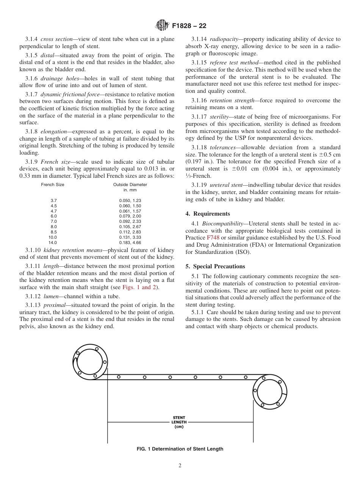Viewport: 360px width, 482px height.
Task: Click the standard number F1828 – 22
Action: click(189, 26)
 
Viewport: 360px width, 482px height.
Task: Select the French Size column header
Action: click(53, 185)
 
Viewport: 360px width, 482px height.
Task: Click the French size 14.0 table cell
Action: click(53, 243)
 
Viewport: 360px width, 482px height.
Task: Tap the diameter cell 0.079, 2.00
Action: click(130, 216)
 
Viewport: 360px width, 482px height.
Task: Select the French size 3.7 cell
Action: click(53, 200)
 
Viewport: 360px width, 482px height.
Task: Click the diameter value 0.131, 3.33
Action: click(130, 237)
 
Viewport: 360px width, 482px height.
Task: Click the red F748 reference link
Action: click(213, 238)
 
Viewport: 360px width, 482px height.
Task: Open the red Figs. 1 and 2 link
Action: click(139, 287)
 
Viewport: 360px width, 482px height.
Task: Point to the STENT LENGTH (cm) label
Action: click(179, 422)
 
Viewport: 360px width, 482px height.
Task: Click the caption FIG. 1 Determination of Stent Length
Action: click(180, 449)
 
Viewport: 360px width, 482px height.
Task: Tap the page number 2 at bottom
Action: click(180, 466)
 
